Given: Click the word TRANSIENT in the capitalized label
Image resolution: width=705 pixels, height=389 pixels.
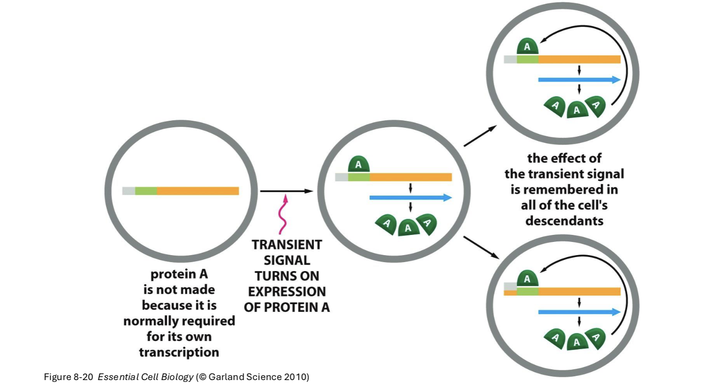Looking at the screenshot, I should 286,245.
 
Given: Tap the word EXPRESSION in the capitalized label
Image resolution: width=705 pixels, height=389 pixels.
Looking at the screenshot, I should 286,292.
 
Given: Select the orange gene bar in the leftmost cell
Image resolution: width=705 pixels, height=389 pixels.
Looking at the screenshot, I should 198,191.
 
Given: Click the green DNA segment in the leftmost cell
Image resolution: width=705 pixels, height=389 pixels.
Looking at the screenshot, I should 146,191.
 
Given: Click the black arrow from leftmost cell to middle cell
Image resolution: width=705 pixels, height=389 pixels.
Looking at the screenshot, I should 286,191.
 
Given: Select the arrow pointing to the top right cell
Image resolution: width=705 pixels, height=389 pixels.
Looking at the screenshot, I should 480,136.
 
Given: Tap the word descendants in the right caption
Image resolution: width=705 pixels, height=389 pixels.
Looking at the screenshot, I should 564,221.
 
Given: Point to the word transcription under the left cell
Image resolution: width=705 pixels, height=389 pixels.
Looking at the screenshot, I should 179,352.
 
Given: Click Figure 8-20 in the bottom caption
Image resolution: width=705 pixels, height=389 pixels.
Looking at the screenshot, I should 69,377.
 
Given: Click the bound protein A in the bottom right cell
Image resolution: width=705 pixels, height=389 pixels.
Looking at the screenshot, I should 527,279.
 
